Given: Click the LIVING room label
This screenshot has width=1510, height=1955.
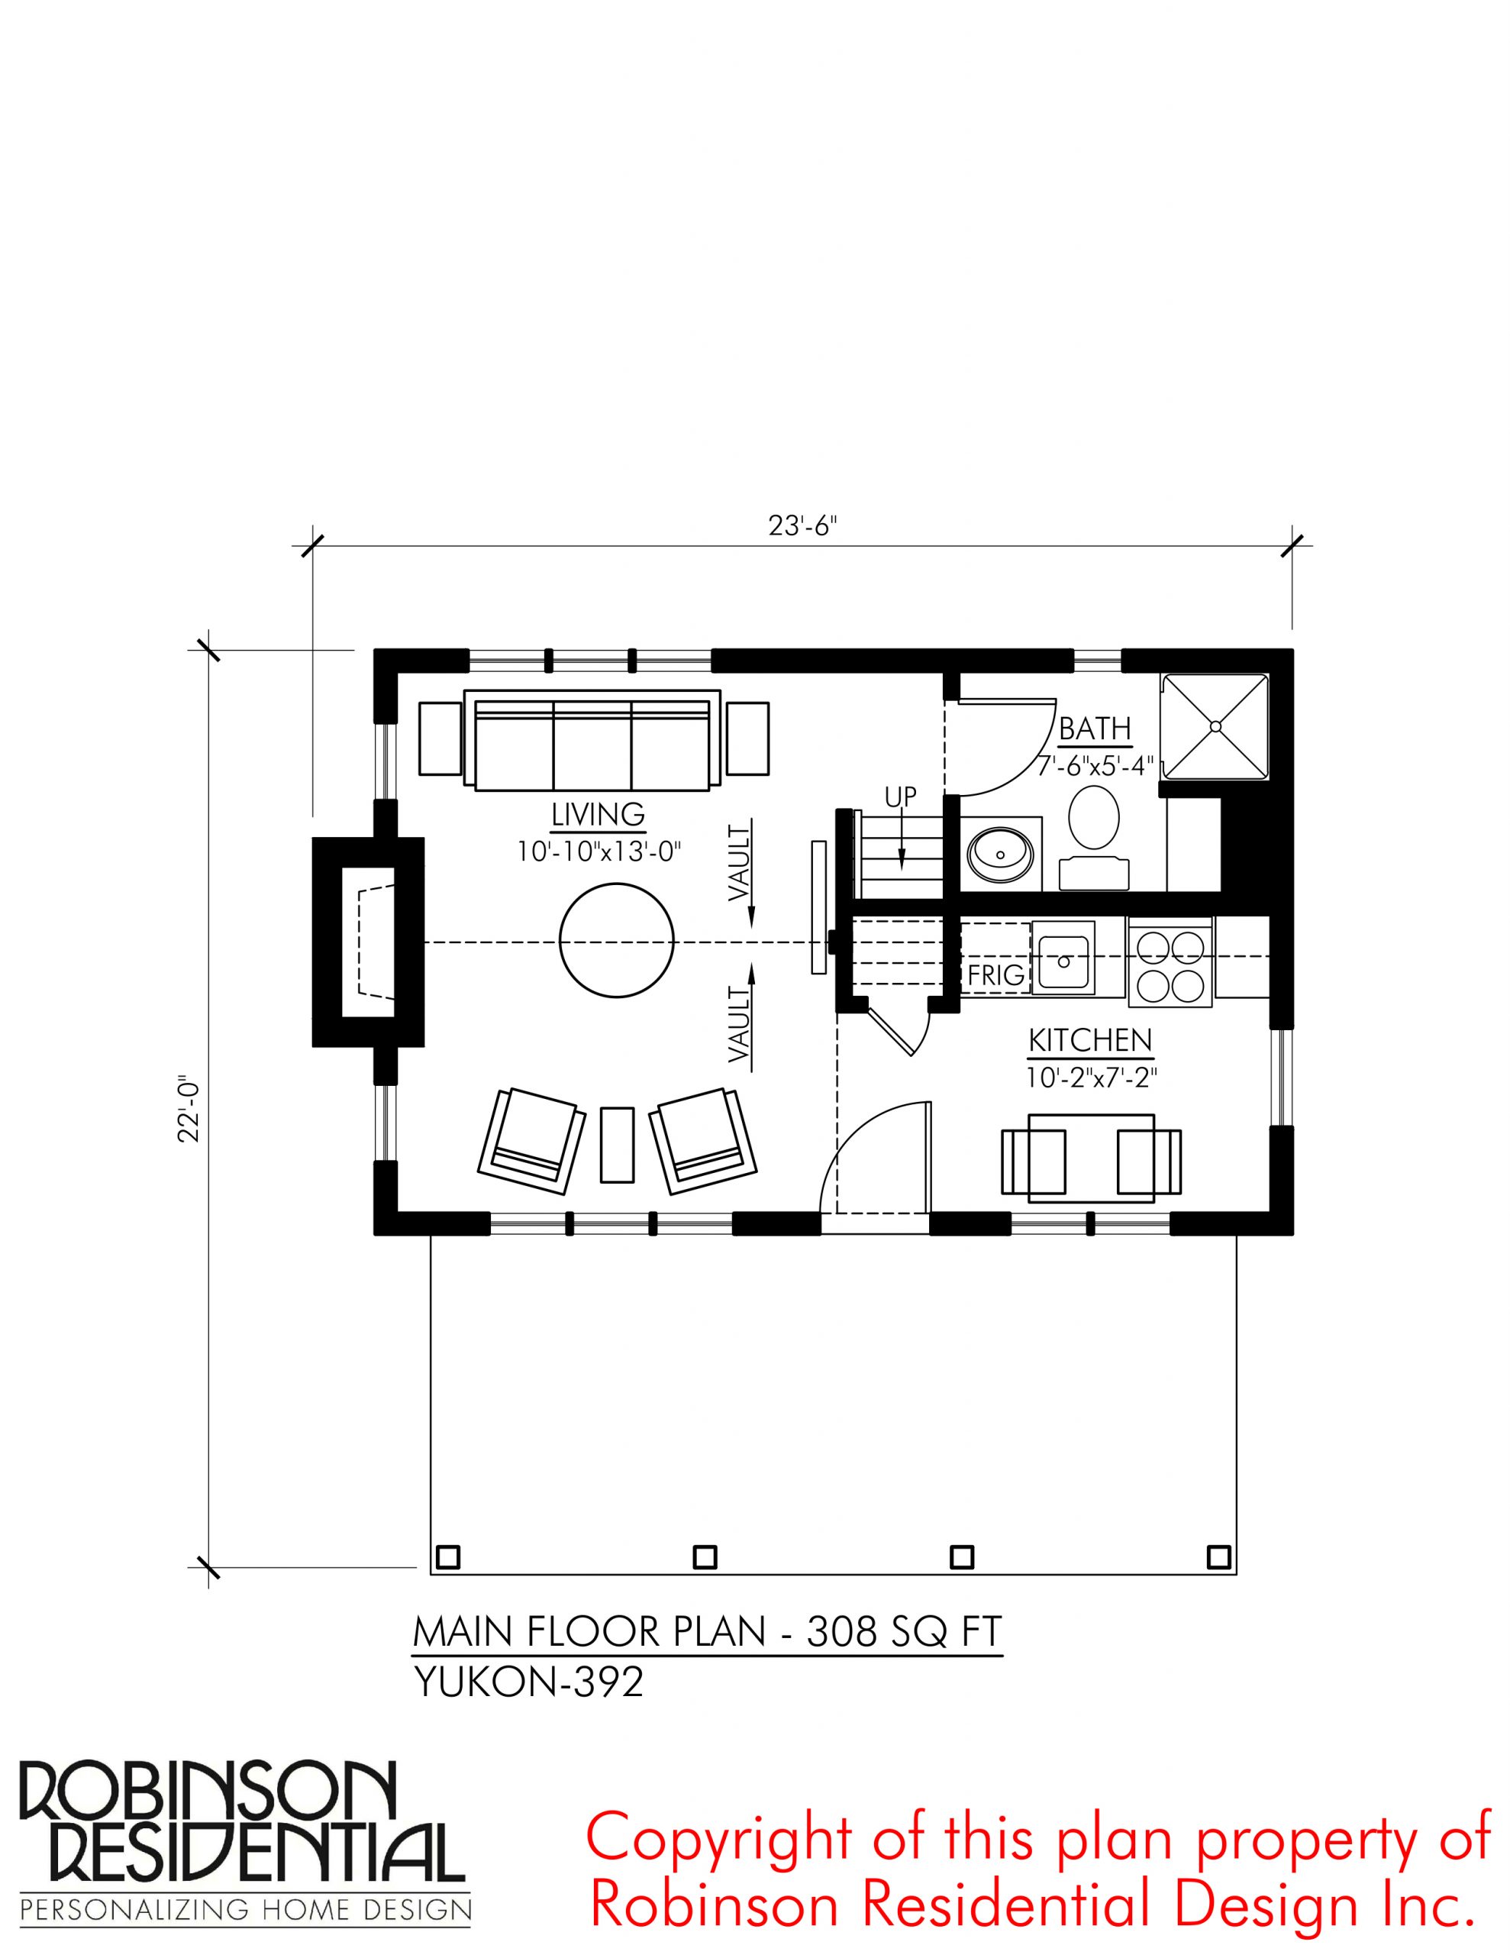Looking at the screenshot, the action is point(598,815).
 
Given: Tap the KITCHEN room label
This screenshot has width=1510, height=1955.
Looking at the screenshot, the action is point(1090,1040).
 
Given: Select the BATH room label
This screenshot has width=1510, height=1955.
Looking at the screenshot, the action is point(1095,729).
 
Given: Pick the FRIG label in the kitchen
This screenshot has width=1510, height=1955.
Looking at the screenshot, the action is point(996,974).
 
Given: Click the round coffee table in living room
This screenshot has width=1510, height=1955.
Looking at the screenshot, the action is point(617,940).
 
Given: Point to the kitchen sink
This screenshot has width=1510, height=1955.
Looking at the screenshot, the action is point(1063,958).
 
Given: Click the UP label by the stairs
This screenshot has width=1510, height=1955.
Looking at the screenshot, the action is point(902,797).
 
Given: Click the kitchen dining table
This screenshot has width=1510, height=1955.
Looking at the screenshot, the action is point(1091,1158).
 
